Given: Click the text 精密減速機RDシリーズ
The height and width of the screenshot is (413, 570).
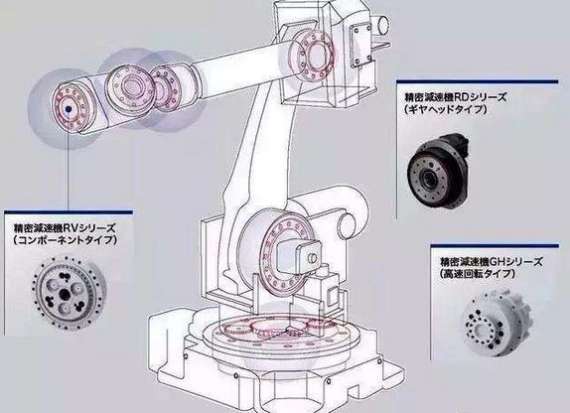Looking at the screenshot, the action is click(455, 97).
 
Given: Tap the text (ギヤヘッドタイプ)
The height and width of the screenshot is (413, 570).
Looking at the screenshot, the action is click(445, 109).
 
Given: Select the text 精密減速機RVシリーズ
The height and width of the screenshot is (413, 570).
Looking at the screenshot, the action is click(65, 228).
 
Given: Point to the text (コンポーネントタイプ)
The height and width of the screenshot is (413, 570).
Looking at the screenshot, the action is click(66, 240).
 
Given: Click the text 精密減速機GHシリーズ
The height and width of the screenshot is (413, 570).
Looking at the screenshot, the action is click(492, 261).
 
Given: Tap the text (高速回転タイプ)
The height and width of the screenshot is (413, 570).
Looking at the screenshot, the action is click(478, 273).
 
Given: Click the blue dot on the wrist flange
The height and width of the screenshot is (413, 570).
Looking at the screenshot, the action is click(68, 108).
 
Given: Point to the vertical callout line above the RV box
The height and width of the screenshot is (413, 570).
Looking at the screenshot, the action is click(68, 161).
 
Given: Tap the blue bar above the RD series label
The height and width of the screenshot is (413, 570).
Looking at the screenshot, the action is click(478, 81).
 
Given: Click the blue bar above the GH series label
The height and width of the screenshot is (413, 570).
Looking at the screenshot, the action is click(495, 246).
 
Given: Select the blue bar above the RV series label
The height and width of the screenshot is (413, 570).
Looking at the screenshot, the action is click(69, 211).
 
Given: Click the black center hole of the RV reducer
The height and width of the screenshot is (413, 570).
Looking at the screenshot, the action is click(66, 293).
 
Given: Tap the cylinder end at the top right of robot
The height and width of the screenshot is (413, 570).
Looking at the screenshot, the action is click(382, 25).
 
